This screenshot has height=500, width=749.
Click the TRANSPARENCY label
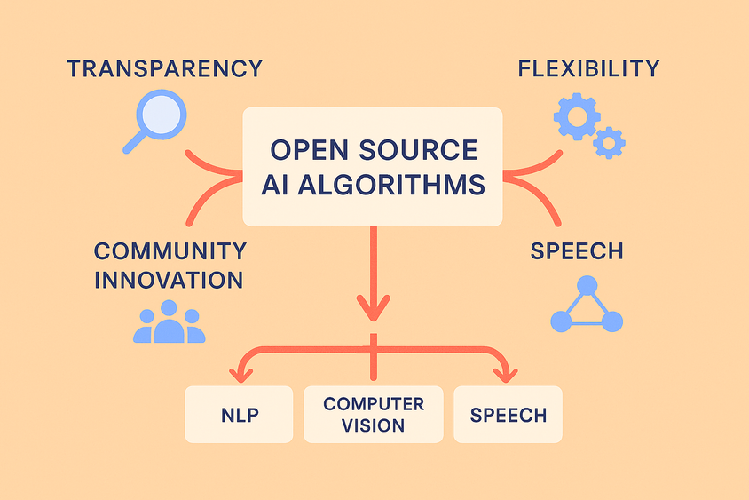tap(165, 69)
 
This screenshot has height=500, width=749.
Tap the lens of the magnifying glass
tap(162, 115)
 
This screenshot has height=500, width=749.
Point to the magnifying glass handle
tap(134, 142)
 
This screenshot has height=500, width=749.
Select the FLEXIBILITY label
tap(589, 69)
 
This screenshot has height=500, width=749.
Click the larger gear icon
tap(577, 116)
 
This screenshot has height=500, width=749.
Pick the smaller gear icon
tap(609, 142)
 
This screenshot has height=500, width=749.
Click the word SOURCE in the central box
tap(418, 150)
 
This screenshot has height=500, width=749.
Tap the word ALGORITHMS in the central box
tap(391, 185)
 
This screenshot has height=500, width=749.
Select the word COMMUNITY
tap(170, 251)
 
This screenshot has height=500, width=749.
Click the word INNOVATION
tap(169, 280)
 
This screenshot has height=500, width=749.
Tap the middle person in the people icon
tap(169, 321)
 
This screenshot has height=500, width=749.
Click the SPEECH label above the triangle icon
tap(577, 251)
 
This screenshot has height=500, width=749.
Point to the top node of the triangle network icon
tap(587, 285)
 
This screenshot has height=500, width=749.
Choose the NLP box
tap(239, 415)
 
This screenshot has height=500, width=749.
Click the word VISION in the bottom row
tap(373, 425)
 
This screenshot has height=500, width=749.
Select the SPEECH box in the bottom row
tap(508, 415)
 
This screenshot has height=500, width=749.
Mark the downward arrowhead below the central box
tap(374, 308)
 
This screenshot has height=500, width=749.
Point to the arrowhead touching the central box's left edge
tap(236, 176)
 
